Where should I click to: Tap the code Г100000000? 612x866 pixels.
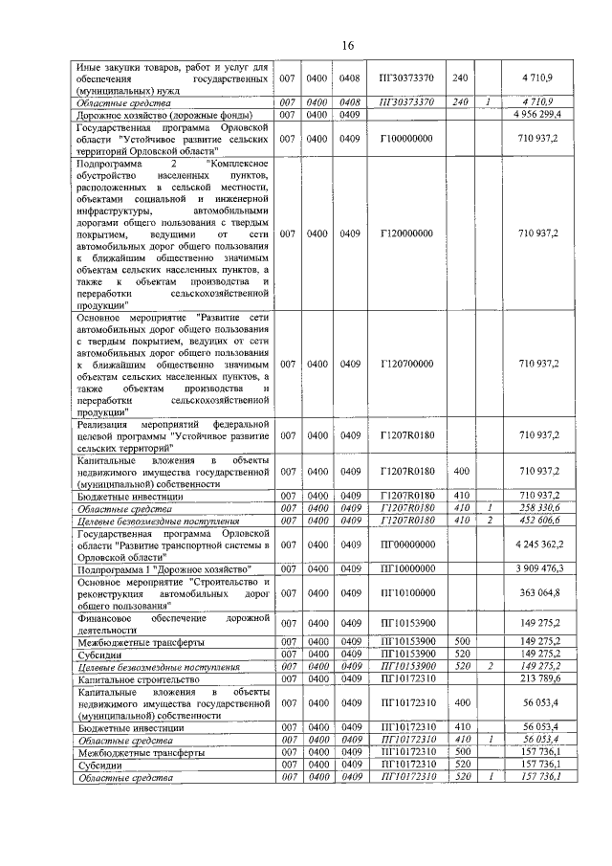pyautogui.click(x=406, y=139)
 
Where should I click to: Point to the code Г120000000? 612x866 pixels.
pyautogui.click(x=406, y=233)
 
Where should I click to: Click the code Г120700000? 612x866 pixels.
pyautogui.click(x=406, y=364)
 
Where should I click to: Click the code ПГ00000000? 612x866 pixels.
pyautogui.click(x=406, y=544)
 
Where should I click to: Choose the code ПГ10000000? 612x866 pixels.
pyautogui.click(x=406, y=568)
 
